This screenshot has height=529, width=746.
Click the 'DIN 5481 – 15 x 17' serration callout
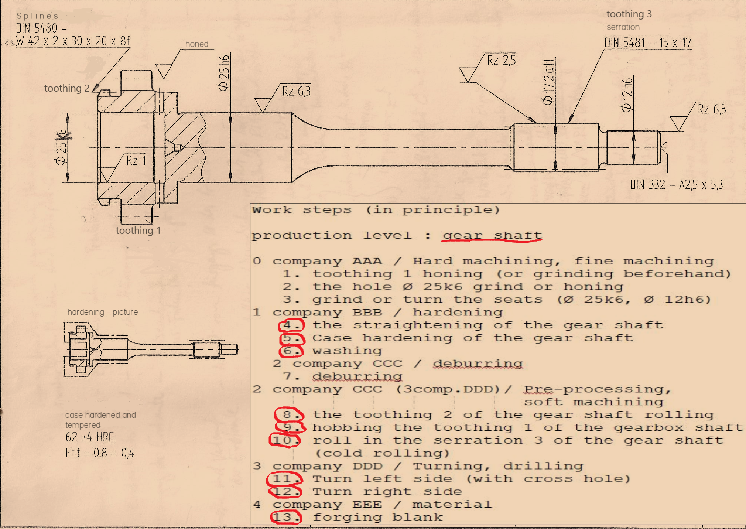(x=648, y=42)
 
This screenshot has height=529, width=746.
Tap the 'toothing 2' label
(x=67, y=88)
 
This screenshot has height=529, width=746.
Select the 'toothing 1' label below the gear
(x=138, y=231)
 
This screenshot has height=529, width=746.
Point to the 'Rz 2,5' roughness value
(x=501, y=60)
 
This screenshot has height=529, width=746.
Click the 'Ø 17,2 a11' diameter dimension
(x=548, y=82)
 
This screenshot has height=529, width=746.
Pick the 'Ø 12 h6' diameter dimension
(x=627, y=95)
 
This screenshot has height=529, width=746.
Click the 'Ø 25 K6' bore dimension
(x=61, y=147)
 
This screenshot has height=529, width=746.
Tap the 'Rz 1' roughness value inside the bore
(x=136, y=160)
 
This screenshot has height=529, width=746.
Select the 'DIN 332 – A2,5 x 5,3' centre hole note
(x=676, y=184)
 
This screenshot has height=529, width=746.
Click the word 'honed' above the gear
(x=197, y=44)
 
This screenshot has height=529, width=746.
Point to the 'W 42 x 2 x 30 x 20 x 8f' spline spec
(x=73, y=41)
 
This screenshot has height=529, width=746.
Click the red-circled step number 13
(x=286, y=517)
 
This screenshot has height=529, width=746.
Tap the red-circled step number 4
(x=291, y=325)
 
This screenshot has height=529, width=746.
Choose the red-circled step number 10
(x=285, y=440)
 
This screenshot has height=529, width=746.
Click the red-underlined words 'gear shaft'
(x=492, y=236)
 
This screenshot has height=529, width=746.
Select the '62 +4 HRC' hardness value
(x=90, y=437)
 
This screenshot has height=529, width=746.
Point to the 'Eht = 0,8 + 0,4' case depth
(x=100, y=453)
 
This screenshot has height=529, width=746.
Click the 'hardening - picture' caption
(x=103, y=312)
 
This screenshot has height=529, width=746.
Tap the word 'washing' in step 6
(x=347, y=351)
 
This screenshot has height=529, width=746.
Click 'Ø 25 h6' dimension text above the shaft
(x=224, y=73)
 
